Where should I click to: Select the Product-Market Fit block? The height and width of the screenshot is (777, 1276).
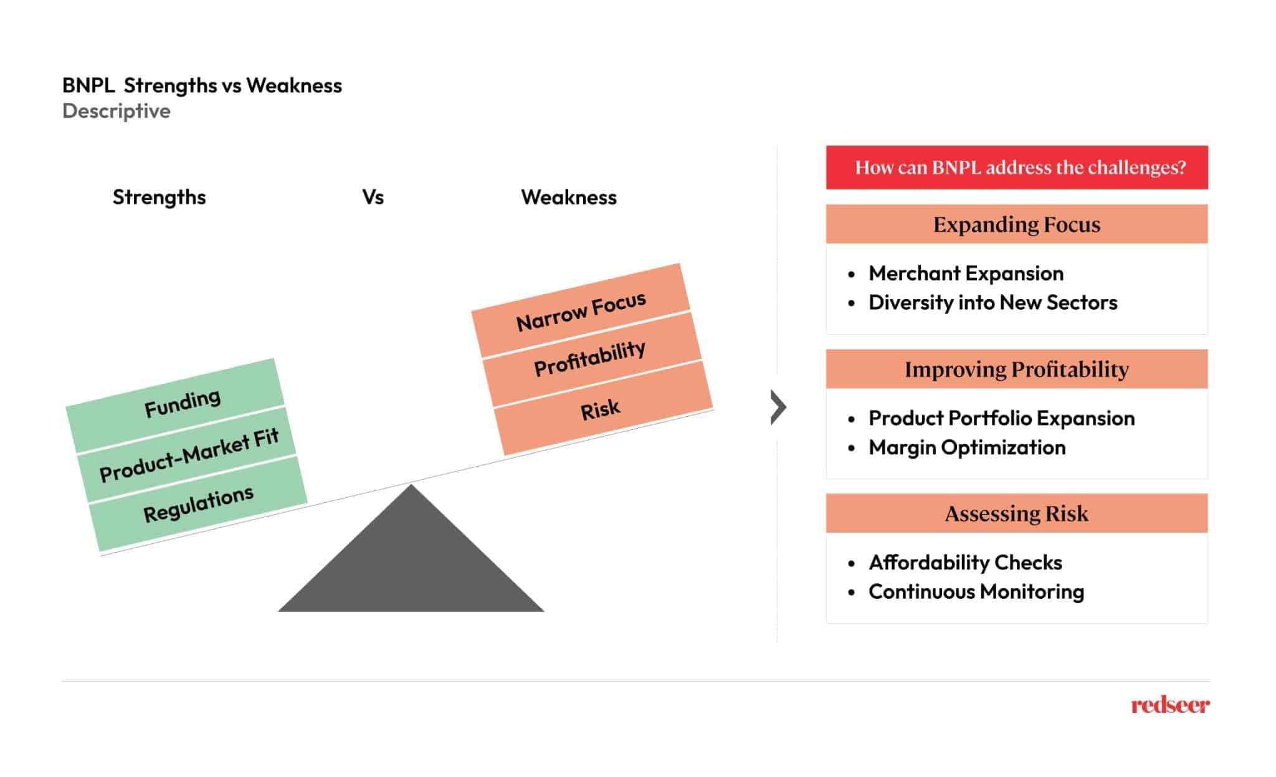pyautogui.click(x=188, y=455)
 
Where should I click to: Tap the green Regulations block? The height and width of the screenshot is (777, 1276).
pyautogui.click(x=198, y=503)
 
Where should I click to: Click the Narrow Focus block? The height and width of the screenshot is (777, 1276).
pyautogui.click(x=581, y=310)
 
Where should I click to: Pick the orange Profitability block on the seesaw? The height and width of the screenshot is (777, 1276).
pyautogui.click(x=589, y=358)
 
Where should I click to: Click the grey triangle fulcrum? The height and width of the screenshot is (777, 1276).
pyautogui.click(x=411, y=561)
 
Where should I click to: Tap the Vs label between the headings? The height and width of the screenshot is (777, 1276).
pyautogui.click(x=373, y=198)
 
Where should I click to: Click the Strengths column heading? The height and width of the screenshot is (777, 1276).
pyautogui.click(x=159, y=198)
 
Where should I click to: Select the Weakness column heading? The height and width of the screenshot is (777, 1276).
pyautogui.click(x=568, y=198)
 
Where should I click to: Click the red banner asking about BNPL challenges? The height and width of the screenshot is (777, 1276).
pyautogui.click(x=1016, y=168)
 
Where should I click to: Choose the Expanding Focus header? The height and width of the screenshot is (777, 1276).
pyautogui.click(x=1016, y=224)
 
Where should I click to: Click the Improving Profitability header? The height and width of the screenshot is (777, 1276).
pyautogui.click(x=1016, y=369)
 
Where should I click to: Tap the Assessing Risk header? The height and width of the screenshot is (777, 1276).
pyautogui.click(x=1016, y=513)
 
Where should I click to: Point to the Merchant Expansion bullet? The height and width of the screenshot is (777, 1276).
pyautogui.click(x=966, y=274)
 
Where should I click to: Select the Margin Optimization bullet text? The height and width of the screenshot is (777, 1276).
pyautogui.click(x=967, y=447)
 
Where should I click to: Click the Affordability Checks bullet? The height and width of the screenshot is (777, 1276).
pyautogui.click(x=965, y=563)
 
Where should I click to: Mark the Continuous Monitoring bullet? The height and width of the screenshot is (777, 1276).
pyautogui.click(x=976, y=591)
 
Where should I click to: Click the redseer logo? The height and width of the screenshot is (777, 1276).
pyautogui.click(x=1170, y=705)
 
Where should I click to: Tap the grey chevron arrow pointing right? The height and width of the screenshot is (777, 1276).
pyautogui.click(x=778, y=408)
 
